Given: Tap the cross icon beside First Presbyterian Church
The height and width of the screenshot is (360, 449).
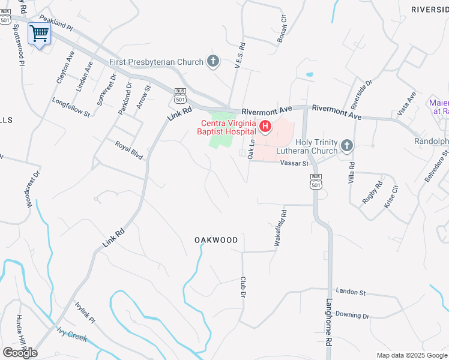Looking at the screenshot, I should click(x=212, y=61).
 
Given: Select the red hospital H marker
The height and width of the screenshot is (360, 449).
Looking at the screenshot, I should click(x=265, y=127).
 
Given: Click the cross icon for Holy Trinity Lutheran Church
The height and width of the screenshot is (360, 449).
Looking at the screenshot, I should click(x=346, y=145).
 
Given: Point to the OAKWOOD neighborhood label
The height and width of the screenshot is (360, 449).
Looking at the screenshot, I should click(x=216, y=240).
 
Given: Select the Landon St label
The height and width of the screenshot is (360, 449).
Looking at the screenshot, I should click(x=351, y=292).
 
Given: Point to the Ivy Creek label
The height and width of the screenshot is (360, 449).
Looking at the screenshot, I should click(x=72, y=334).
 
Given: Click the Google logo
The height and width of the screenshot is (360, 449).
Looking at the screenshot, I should click(x=20, y=353).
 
